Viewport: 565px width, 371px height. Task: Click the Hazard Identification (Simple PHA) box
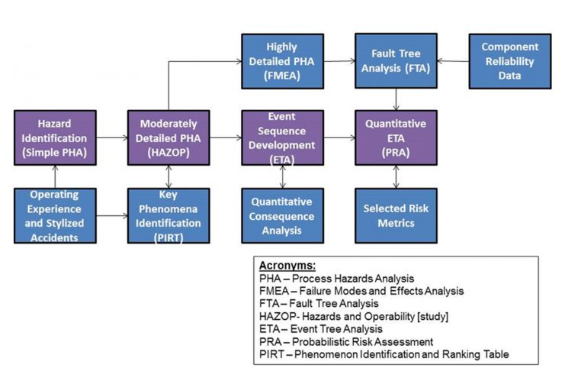click(x=55, y=138)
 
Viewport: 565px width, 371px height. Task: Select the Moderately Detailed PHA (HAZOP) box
click(x=169, y=138)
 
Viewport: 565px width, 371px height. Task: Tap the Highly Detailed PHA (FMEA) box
click(x=282, y=60)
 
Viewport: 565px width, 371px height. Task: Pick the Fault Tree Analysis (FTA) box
click(x=396, y=60)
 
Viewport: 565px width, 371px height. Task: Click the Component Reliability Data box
click(x=510, y=60)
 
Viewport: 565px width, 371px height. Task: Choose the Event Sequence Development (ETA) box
click(x=282, y=138)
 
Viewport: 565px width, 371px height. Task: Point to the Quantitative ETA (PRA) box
click(x=396, y=138)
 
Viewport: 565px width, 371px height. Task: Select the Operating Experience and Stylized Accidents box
click(x=55, y=216)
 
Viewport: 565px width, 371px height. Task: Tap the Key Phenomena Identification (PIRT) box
click(x=169, y=216)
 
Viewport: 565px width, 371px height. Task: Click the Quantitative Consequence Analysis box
click(x=282, y=216)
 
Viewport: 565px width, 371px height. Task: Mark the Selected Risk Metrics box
click(x=396, y=216)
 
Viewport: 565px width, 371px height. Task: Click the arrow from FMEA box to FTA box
click(x=339, y=60)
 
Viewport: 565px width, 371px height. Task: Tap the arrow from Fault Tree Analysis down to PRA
click(x=396, y=99)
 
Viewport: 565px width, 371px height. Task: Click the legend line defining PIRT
click(x=381, y=353)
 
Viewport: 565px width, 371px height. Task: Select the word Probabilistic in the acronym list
click(x=319, y=341)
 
